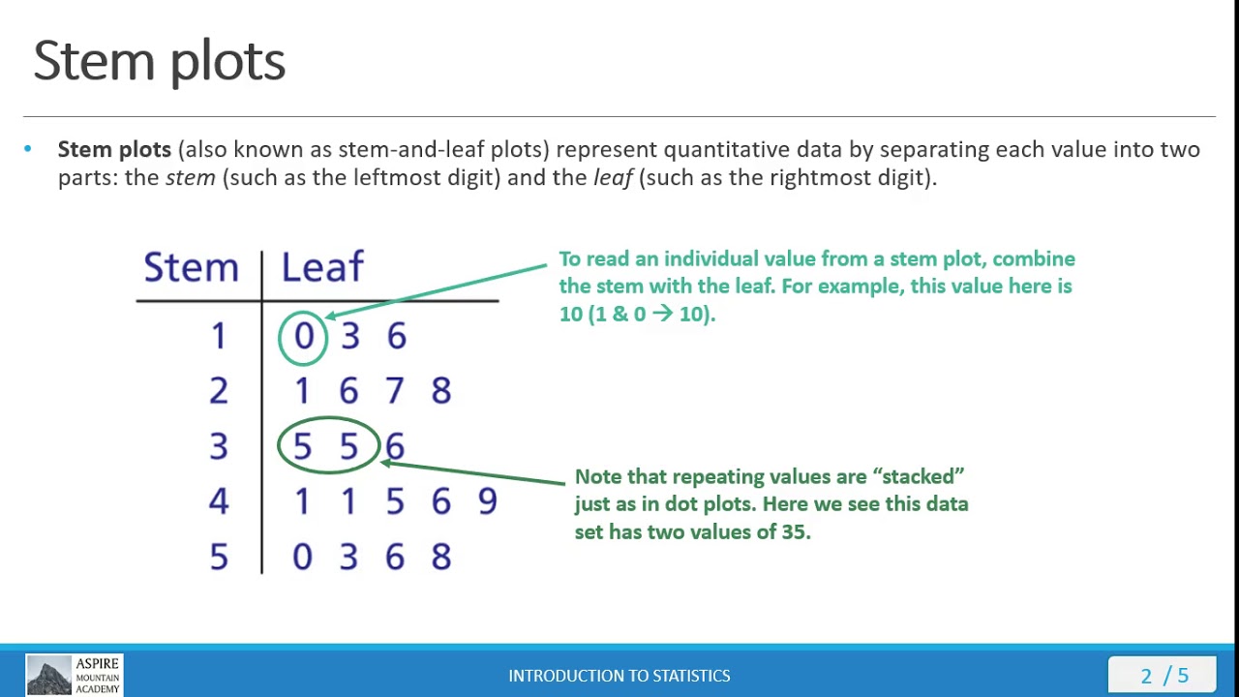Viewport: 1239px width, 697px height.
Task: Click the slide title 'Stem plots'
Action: [x=160, y=61]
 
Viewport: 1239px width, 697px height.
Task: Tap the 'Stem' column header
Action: [x=191, y=267]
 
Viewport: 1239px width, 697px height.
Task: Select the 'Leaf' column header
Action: [x=322, y=267]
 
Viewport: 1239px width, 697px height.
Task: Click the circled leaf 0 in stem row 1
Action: [x=304, y=337]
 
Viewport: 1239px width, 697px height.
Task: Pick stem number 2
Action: [x=219, y=391]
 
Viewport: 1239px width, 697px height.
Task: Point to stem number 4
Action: [x=219, y=501]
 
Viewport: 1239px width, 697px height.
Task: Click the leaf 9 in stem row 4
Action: [x=487, y=501]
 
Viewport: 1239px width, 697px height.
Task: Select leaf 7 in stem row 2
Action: [x=394, y=391]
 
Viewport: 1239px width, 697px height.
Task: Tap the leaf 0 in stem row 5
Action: [x=302, y=558]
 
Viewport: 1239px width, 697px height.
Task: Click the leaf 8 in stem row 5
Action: [x=440, y=558]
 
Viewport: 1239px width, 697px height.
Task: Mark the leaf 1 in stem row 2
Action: [x=302, y=391]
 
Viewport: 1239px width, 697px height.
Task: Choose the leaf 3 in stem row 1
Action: [x=349, y=337]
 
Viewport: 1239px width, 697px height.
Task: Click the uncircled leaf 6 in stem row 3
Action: [x=395, y=446]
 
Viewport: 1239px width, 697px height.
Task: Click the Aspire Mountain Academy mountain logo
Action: [x=48, y=675]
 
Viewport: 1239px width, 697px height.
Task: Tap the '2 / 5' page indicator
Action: [x=1164, y=676]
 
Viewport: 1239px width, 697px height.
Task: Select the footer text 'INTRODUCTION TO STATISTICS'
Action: [x=619, y=676]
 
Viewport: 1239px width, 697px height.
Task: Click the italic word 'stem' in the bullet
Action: [x=190, y=178]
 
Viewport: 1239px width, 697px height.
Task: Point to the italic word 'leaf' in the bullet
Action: [x=613, y=178]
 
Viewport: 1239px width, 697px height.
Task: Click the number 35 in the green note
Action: [x=794, y=531]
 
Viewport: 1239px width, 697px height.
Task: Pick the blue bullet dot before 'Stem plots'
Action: [x=27, y=149]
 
